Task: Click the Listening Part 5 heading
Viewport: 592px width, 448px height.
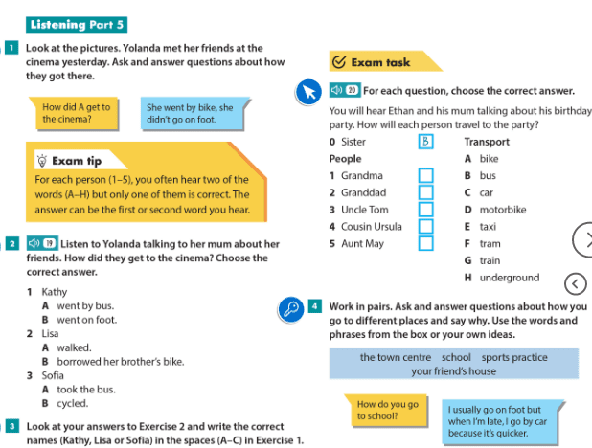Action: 78,25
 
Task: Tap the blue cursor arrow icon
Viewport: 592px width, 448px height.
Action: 308,92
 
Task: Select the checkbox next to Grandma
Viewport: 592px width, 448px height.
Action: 425,176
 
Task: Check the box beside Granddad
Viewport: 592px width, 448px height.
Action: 425,193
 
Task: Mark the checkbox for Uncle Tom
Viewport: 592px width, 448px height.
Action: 425,211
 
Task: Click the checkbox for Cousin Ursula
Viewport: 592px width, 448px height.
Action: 425,227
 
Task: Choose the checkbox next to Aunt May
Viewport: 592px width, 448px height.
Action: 425,244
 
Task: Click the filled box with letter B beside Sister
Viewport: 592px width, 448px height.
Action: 425,142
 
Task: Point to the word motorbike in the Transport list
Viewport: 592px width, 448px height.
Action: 503,210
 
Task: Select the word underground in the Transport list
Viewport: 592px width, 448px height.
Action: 509,278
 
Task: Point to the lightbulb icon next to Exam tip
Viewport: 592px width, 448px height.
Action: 41,160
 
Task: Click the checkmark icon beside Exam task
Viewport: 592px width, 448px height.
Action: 338,62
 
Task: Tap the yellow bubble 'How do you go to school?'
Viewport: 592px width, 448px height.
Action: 387,410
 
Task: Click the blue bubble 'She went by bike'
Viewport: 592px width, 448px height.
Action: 190,113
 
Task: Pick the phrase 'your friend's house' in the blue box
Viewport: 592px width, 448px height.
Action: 453,371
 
